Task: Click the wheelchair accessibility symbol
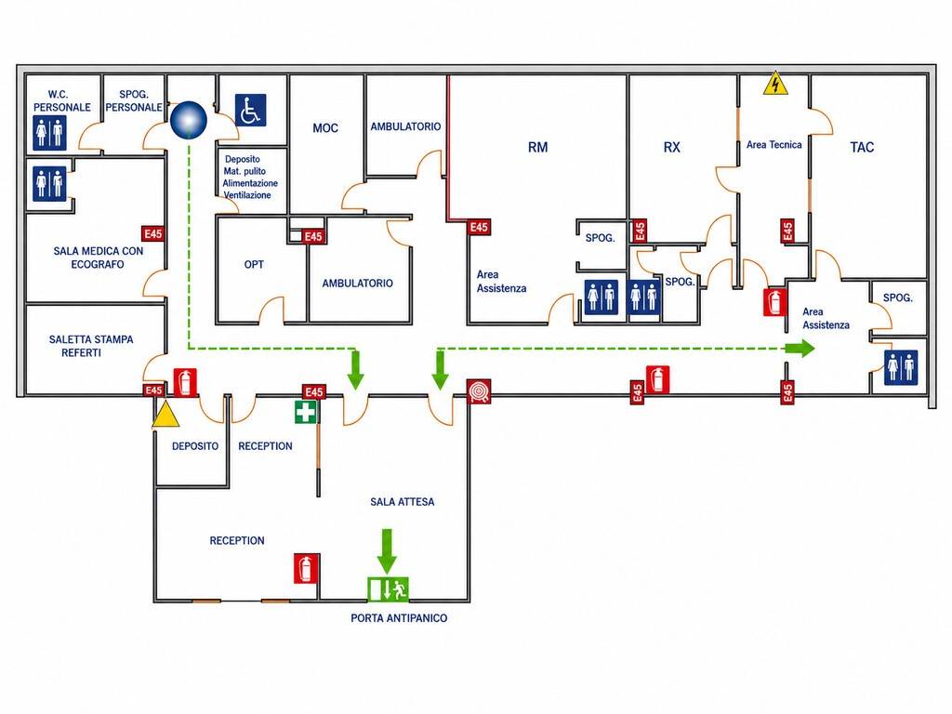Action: pos(250,110)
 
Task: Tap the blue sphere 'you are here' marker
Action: pos(188,120)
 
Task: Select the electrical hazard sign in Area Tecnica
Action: pos(775,84)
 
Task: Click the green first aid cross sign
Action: pos(305,412)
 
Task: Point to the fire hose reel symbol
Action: pos(479,391)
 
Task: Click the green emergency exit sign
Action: pos(388,588)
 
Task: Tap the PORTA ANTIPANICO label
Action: pos(399,618)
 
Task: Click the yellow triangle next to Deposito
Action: pos(165,415)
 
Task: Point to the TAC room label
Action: pos(862,147)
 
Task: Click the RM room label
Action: pos(538,147)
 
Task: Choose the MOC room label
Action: pos(325,128)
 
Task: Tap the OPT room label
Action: pos(254,264)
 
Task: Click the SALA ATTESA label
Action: pos(402,501)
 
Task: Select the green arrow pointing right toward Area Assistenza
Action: pos(800,349)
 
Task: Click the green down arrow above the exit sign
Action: pos(387,550)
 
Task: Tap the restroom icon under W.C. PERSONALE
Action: pos(49,133)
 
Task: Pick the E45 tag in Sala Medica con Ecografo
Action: pos(153,233)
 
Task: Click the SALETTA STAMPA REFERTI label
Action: pos(91,346)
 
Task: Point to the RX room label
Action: pos(671,147)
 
